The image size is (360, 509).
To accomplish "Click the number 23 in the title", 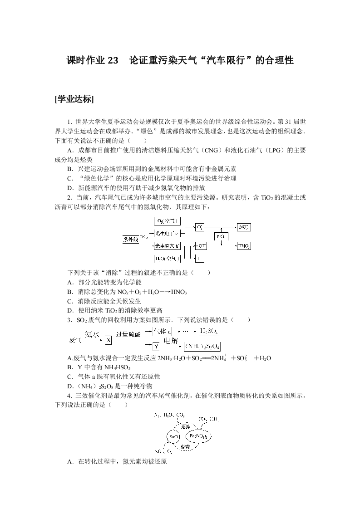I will [x=113, y=60].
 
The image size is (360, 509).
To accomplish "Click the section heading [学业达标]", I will [x=74, y=100].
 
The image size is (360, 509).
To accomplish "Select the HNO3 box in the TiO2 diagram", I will [x=244, y=246].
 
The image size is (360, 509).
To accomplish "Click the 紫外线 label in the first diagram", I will [x=130, y=239].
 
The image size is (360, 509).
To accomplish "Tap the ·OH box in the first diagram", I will [x=201, y=246].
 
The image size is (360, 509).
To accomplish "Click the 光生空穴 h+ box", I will [x=167, y=246].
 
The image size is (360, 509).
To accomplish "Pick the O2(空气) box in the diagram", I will [x=167, y=221].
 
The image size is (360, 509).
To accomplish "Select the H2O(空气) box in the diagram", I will [x=167, y=259].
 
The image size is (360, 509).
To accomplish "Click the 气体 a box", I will [x=162, y=332].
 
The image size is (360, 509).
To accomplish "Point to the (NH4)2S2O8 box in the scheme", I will [x=202, y=347].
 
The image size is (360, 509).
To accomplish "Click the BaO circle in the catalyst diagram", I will [x=173, y=437].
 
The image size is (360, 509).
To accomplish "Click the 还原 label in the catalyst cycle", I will [x=185, y=426].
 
